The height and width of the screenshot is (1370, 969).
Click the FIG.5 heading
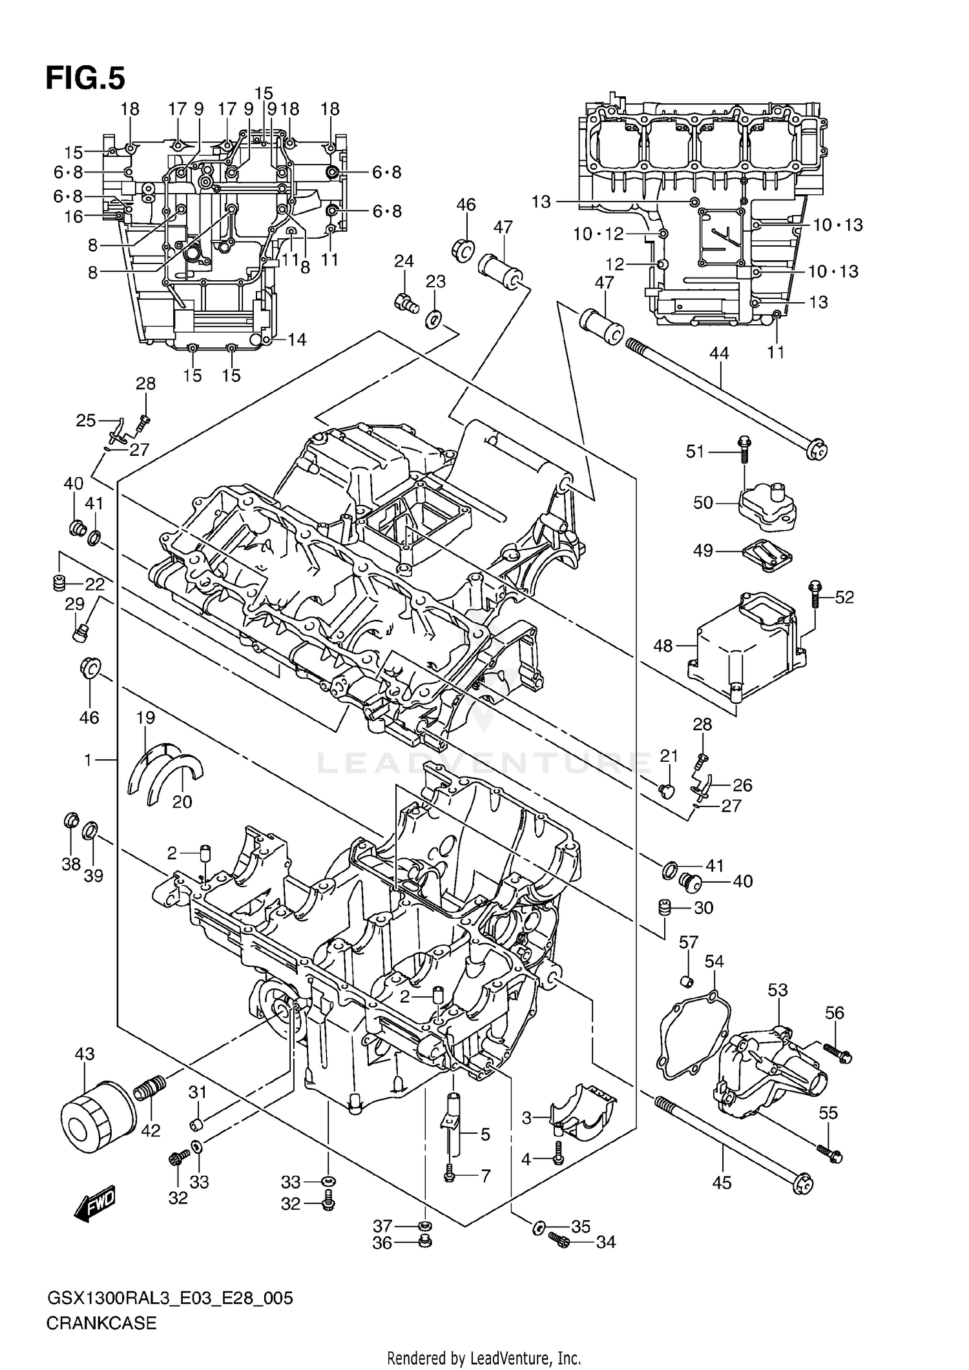click(85, 78)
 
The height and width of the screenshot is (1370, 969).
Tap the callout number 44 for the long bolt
click(718, 353)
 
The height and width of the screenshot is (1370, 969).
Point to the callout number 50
click(703, 502)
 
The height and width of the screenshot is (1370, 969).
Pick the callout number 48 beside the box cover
click(663, 646)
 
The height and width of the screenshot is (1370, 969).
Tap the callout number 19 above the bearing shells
click(145, 717)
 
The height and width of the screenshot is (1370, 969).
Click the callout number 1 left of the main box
click(89, 761)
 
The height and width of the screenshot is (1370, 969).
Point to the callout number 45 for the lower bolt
click(722, 1183)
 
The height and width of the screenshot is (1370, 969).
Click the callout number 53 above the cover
click(778, 990)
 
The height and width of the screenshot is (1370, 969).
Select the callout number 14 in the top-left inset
click(297, 340)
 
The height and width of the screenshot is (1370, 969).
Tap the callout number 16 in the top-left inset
click(74, 217)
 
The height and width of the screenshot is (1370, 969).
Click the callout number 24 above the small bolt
click(404, 261)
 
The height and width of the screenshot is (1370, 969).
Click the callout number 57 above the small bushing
click(688, 943)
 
